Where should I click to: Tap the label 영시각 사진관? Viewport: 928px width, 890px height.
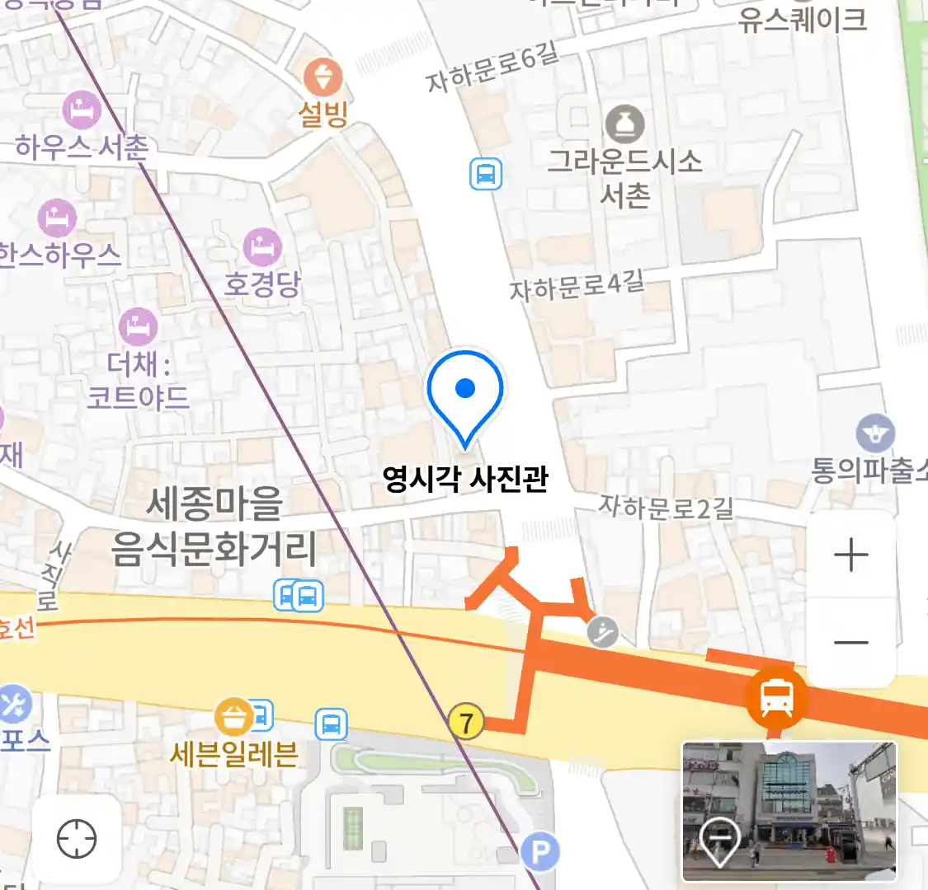click(465, 479)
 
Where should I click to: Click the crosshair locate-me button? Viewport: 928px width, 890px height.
click(77, 840)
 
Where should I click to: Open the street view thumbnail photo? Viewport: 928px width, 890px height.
click(789, 811)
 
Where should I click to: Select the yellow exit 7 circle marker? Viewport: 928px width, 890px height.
click(466, 723)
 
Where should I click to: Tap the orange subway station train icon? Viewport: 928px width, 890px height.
click(776, 696)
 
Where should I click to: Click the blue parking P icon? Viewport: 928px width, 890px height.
click(541, 851)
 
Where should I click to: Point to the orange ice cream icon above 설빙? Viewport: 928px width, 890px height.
click(323, 79)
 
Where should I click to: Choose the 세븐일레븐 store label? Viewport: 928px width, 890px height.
click(233, 753)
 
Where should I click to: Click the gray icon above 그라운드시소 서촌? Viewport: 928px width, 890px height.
click(625, 124)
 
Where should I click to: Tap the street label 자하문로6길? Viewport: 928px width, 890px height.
click(492, 68)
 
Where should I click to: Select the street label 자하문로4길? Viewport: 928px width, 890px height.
click(577, 286)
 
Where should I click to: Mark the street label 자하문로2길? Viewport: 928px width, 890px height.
click(666, 507)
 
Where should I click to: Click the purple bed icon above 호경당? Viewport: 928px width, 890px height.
click(262, 247)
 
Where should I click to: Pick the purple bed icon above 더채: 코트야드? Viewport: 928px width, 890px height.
click(138, 327)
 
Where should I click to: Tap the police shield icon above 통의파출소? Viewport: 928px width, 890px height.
click(875, 433)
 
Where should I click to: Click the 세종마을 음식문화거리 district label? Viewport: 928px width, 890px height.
click(214, 526)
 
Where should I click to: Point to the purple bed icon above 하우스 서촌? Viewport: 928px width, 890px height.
click(82, 108)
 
